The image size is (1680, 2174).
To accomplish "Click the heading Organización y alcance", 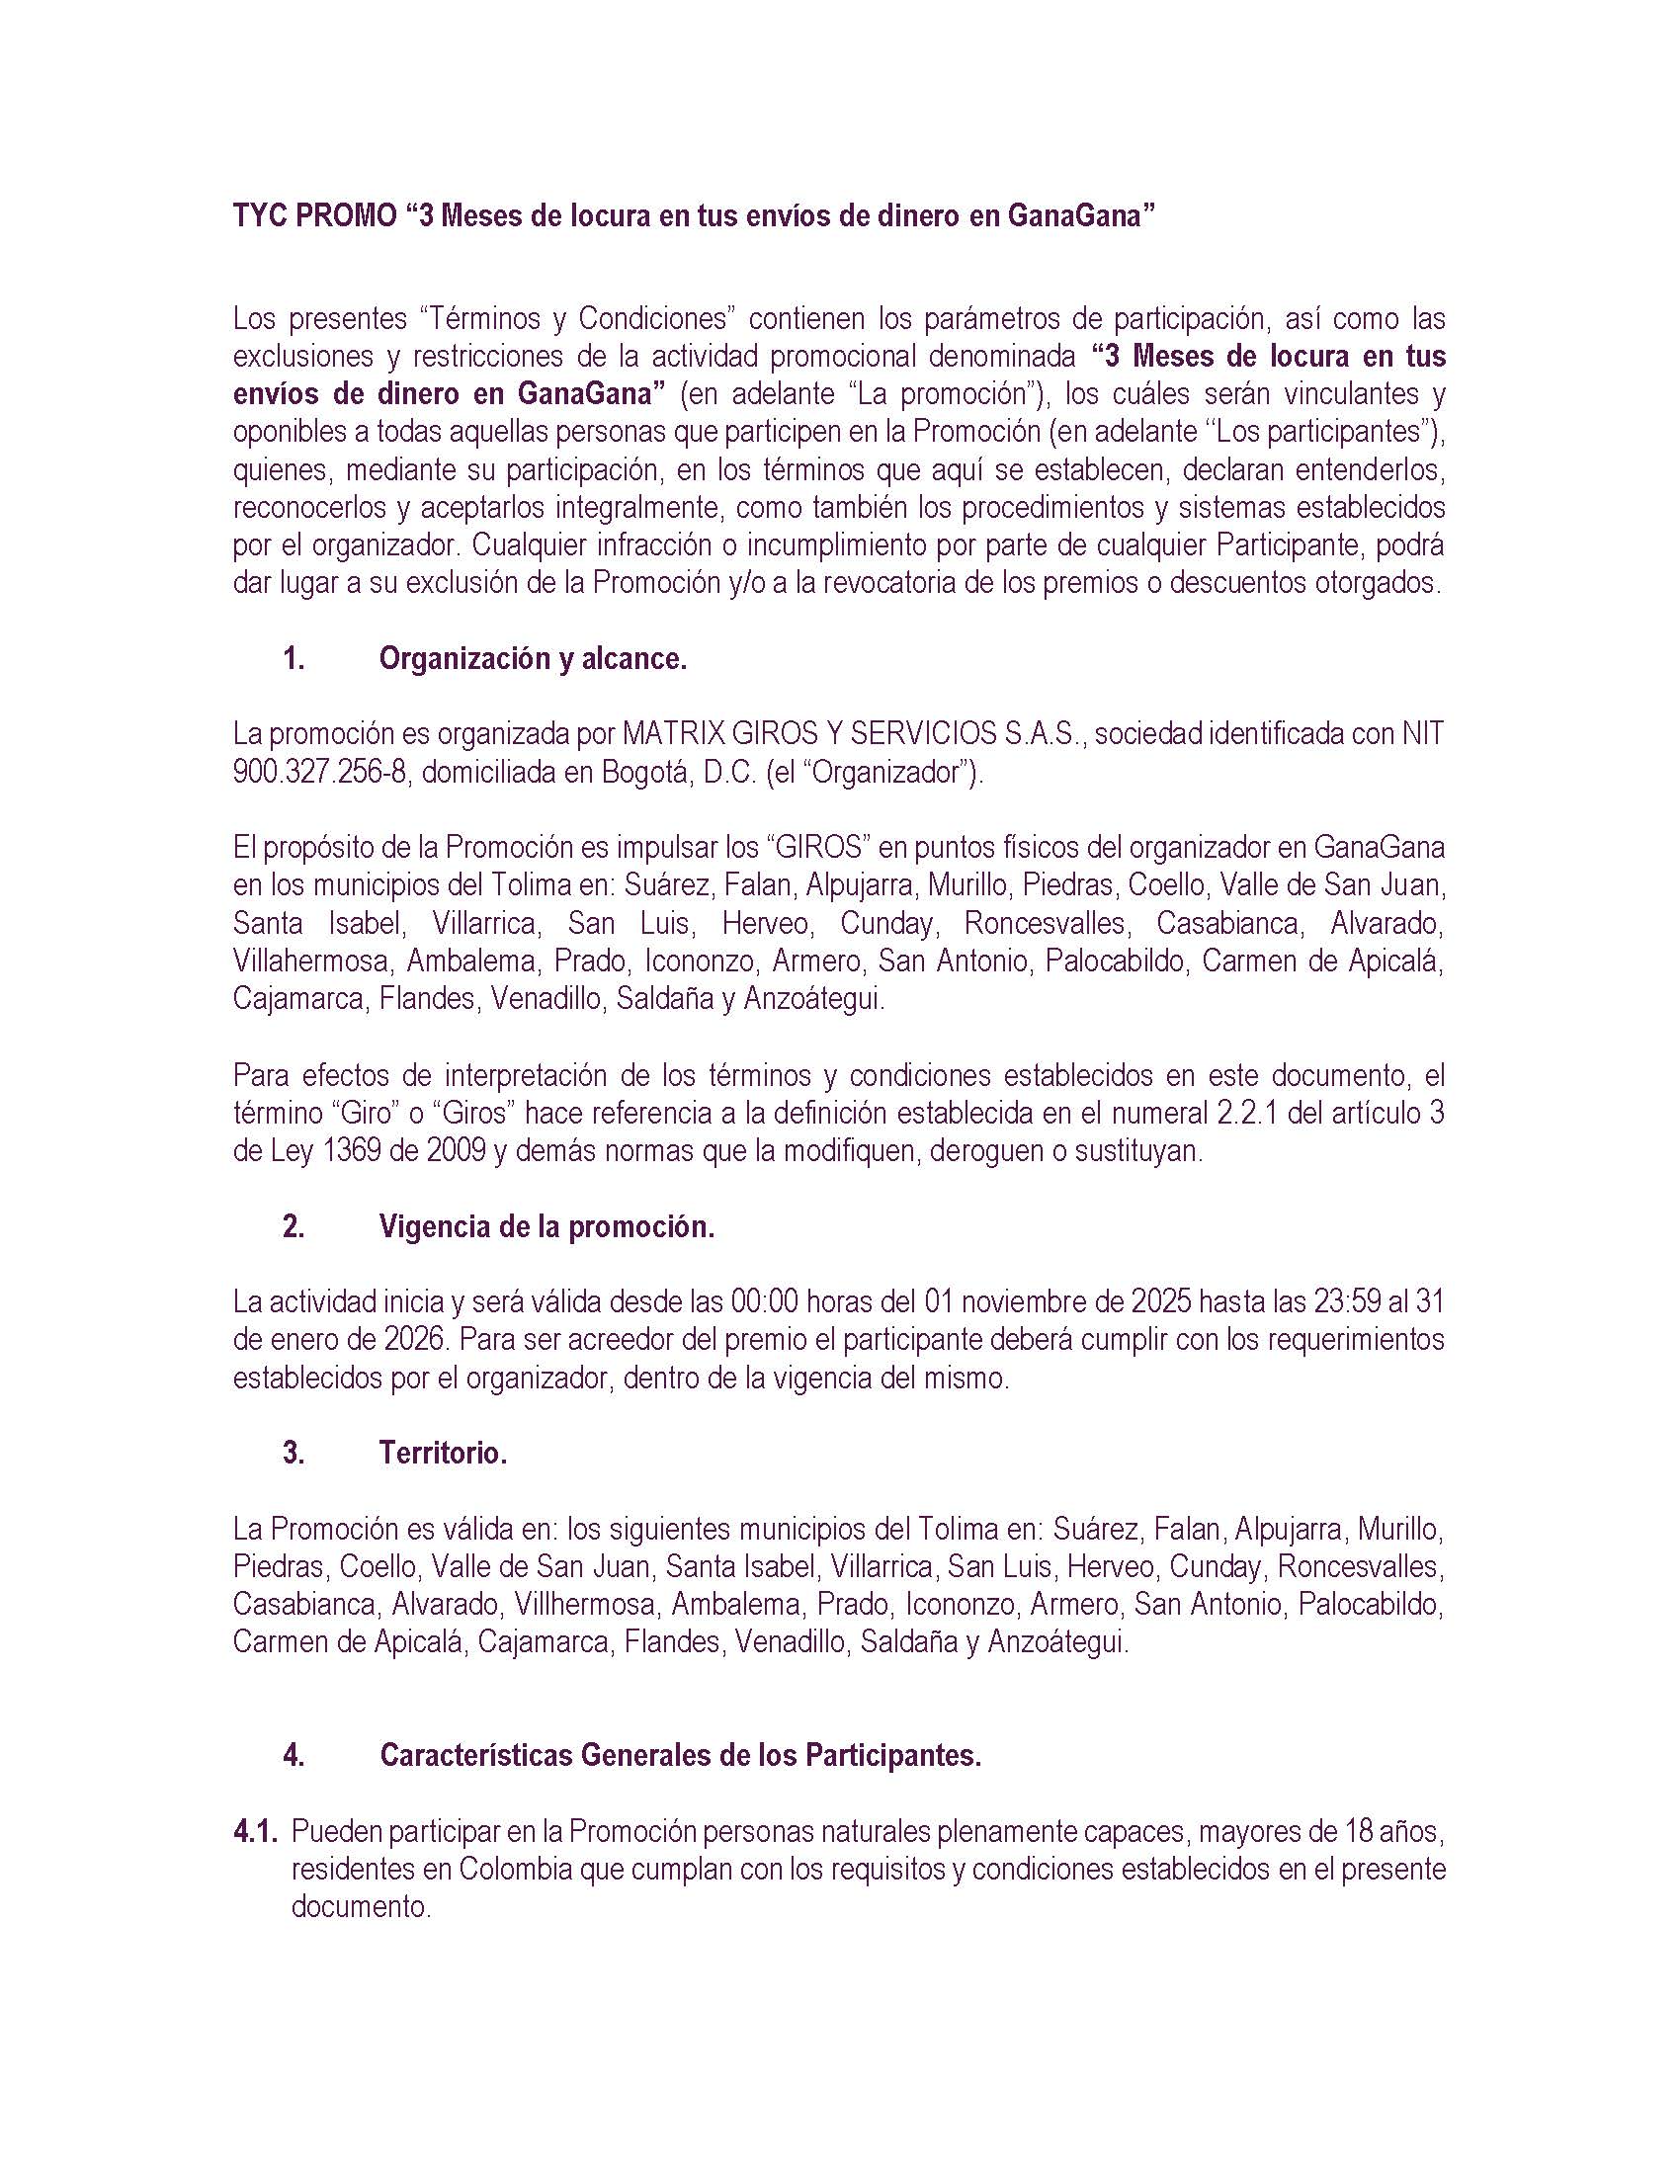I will [x=533, y=659].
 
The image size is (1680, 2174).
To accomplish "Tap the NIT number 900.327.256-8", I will [x=319, y=773].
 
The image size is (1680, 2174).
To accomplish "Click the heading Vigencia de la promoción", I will [x=546, y=1226].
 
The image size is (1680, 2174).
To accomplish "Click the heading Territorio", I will [x=443, y=1454].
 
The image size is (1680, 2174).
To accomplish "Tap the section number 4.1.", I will [x=256, y=1831].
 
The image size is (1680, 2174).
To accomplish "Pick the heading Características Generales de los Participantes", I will [x=681, y=1756].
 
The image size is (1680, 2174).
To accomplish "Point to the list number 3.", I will [x=294, y=1454].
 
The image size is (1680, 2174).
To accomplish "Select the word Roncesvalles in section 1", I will [x=1044, y=924].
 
